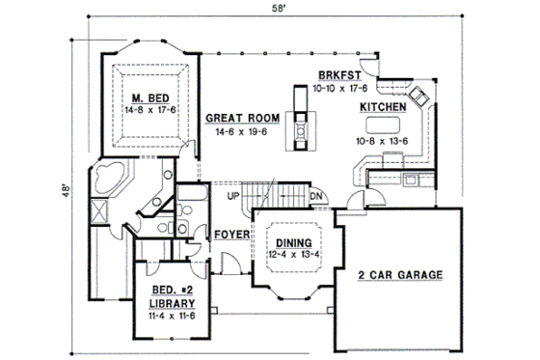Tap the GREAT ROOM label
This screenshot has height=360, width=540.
point(242,118)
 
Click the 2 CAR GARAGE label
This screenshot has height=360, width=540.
point(398,275)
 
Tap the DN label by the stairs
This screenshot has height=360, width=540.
point(315,197)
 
